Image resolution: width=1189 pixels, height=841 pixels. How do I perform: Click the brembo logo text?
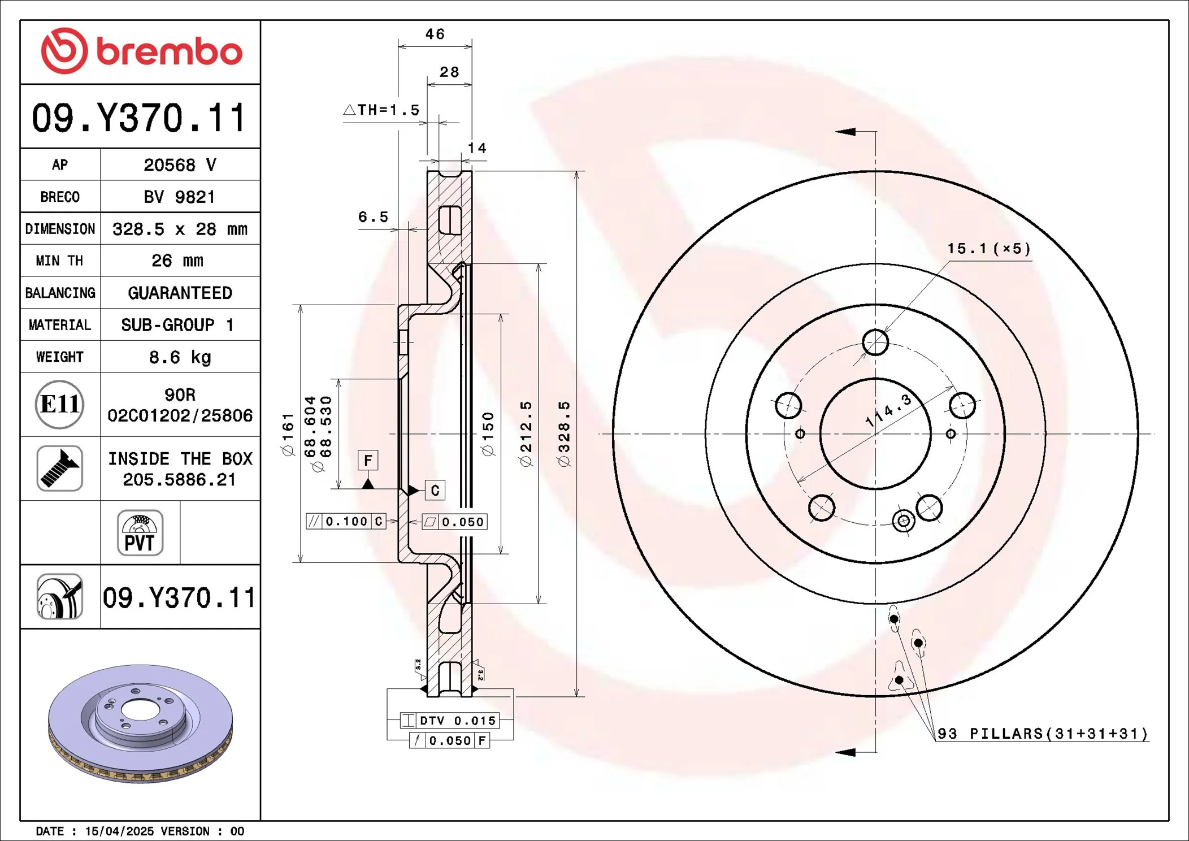pyautogui.click(x=169, y=52)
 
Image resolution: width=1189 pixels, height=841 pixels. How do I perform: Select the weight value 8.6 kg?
pyautogui.click(x=180, y=357)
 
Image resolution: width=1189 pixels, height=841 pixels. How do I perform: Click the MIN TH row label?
pyautogui.click(x=59, y=261)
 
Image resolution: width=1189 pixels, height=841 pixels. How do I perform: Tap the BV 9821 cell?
pyautogui.click(x=180, y=197)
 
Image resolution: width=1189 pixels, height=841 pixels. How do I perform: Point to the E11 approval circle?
pyautogui.click(x=59, y=404)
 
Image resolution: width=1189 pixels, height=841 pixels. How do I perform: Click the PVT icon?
pyautogui.click(x=140, y=533)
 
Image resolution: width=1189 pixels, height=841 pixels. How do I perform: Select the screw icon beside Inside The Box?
pyautogui.click(x=59, y=468)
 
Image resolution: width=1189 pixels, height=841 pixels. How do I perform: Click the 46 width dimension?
pyautogui.click(x=435, y=34)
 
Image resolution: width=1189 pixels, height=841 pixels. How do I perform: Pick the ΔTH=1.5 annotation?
pyautogui.click(x=383, y=110)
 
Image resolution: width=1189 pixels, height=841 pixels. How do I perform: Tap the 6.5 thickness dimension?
pyautogui.click(x=373, y=217)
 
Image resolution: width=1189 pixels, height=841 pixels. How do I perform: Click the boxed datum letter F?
pyautogui.click(x=368, y=461)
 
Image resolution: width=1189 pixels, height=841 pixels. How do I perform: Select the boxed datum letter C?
pyautogui.click(x=435, y=491)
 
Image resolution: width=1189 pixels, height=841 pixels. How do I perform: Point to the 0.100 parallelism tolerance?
pyautogui.click(x=346, y=521)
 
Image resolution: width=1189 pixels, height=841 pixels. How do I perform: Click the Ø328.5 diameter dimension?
pyautogui.click(x=564, y=434)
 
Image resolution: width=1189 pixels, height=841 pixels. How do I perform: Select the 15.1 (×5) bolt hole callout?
pyautogui.click(x=988, y=249)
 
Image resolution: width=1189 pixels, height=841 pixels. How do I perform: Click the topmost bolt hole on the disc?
pyautogui.click(x=875, y=342)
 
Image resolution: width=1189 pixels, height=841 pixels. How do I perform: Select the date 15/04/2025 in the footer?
pyautogui.click(x=119, y=831)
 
